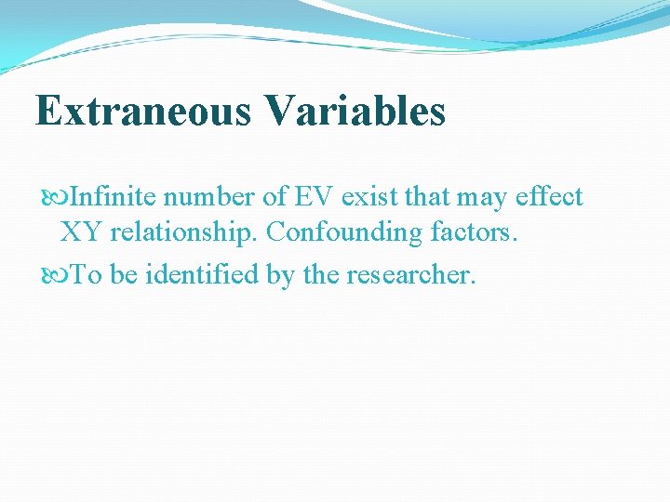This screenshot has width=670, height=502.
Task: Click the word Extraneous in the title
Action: click(143, 112)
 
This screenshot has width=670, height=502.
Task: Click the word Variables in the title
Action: click(355, 112)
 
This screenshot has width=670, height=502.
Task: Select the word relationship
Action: click(182, 232)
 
